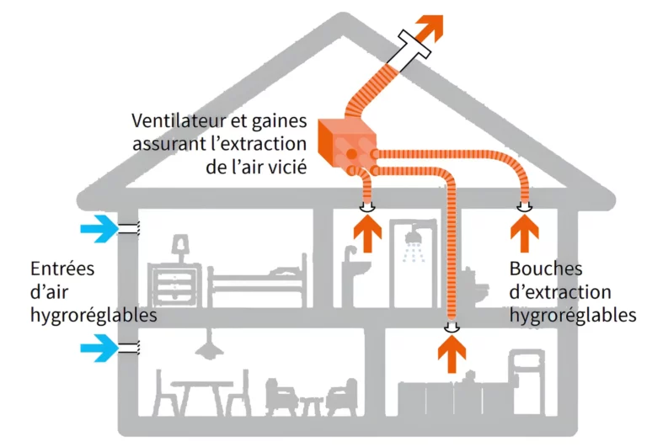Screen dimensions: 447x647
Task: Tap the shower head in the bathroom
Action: tap(413, 241)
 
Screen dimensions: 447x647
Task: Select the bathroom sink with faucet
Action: tap(356, 271)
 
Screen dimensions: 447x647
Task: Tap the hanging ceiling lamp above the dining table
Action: tap(203, 346)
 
